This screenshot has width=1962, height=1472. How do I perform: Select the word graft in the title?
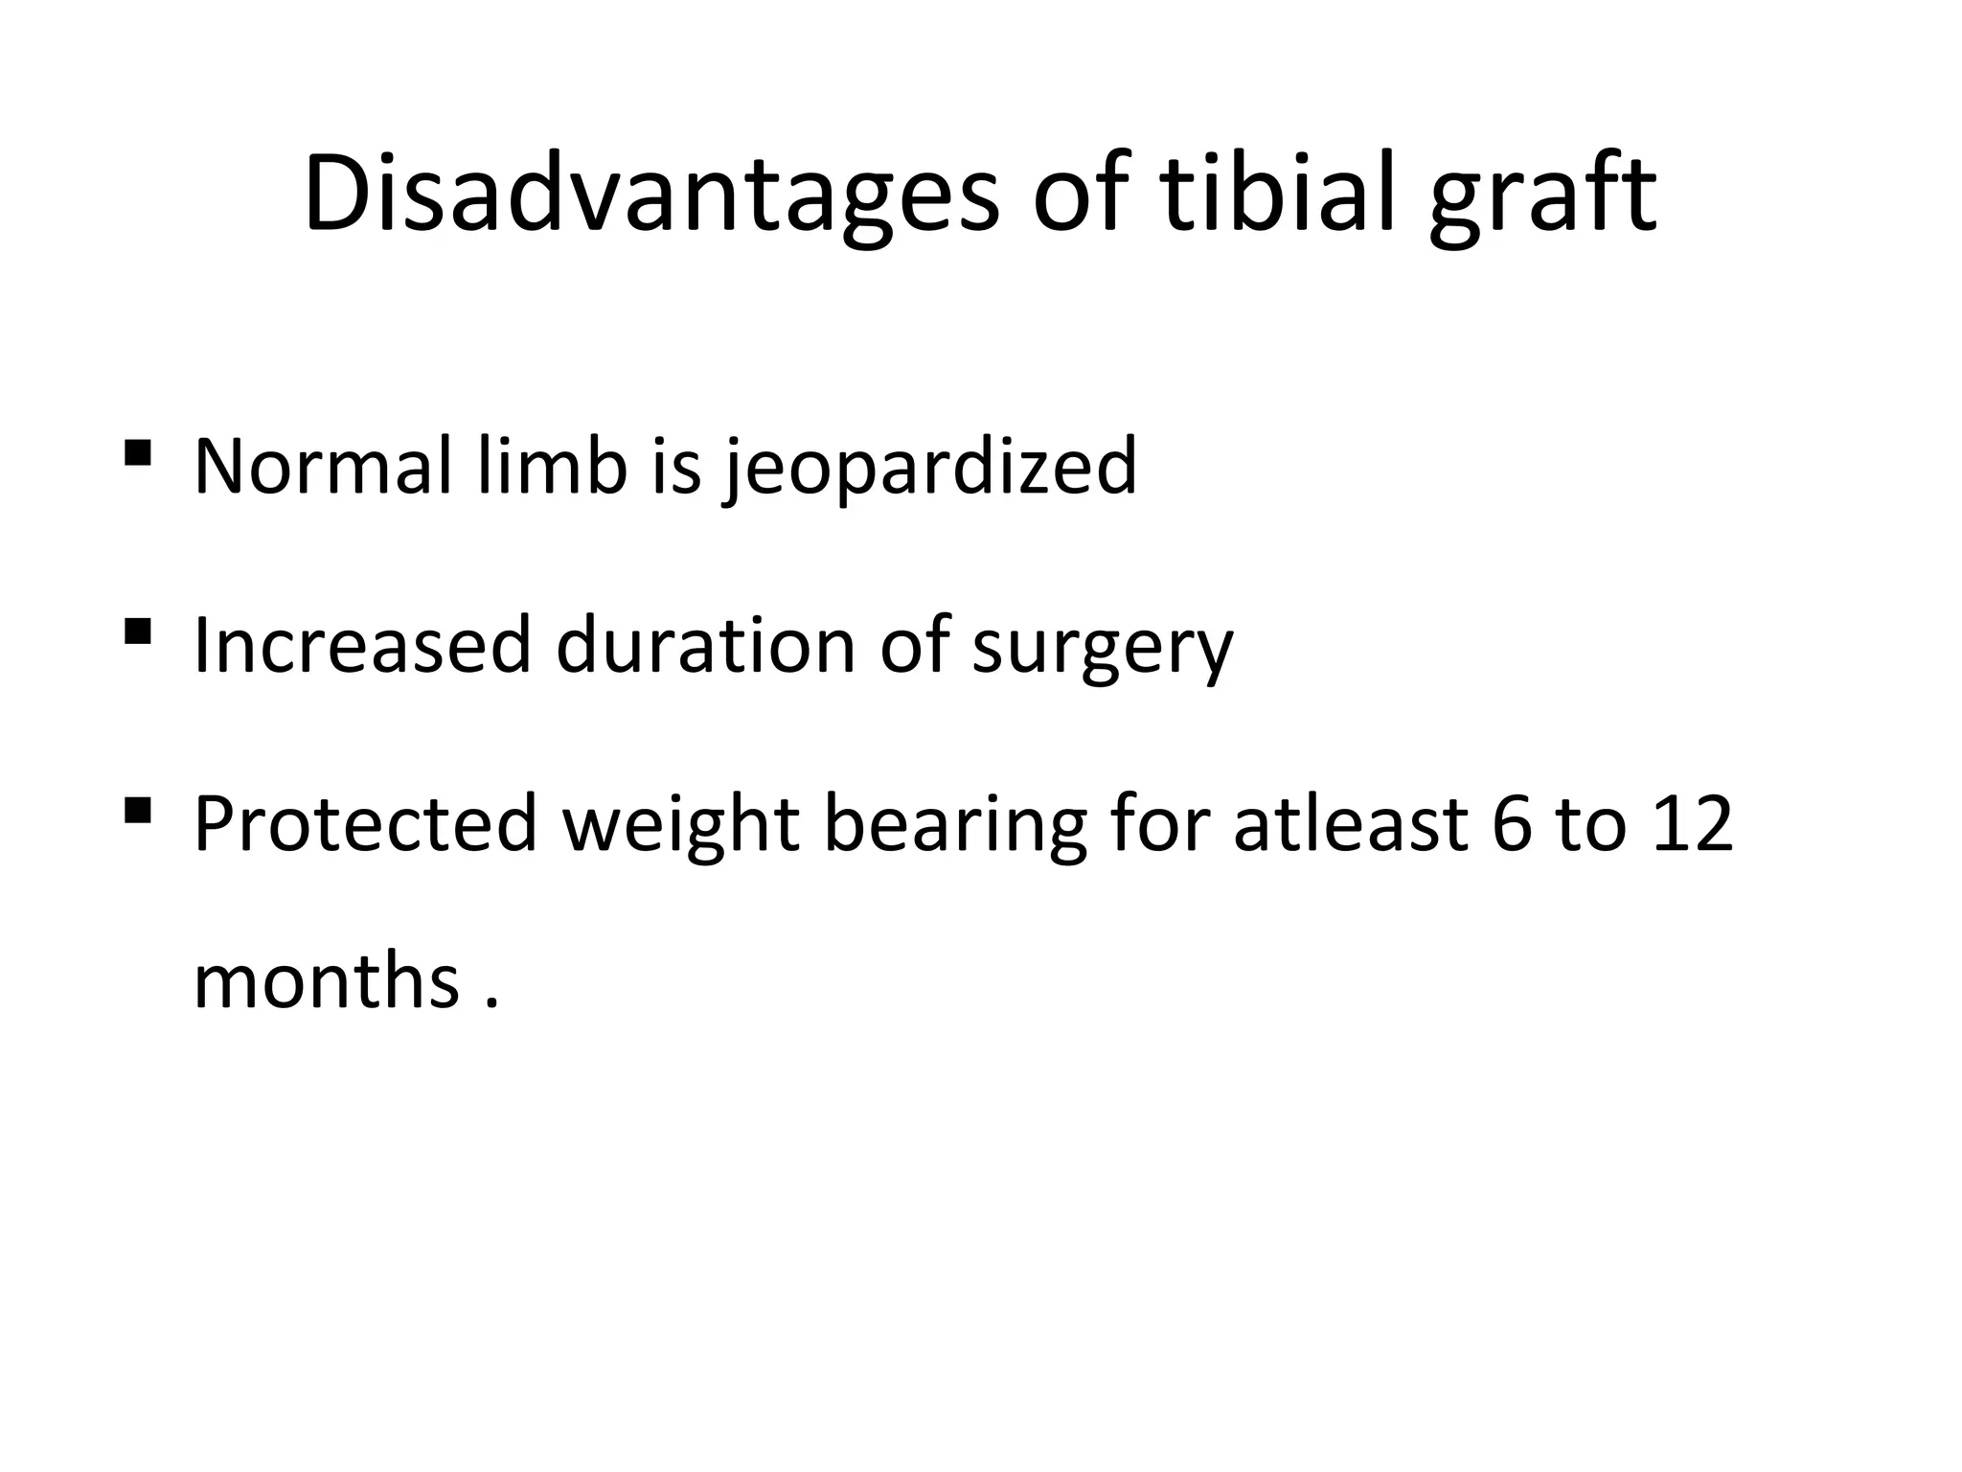(x=1542, y=201)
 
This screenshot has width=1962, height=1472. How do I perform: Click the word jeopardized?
(x=930, y=468)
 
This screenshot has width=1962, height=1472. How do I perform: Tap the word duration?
(x=705, y=645)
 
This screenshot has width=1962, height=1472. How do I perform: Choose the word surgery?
(x=1102, y=650)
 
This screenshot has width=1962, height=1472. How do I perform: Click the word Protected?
(x=365, y=824)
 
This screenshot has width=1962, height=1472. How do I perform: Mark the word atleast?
(x=1350, y=824)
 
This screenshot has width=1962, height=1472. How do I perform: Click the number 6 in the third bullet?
(x=1513, y=824)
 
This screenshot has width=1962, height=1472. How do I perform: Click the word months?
(x=326, y=982)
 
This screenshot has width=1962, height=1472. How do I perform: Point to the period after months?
(x=492, y=1004)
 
